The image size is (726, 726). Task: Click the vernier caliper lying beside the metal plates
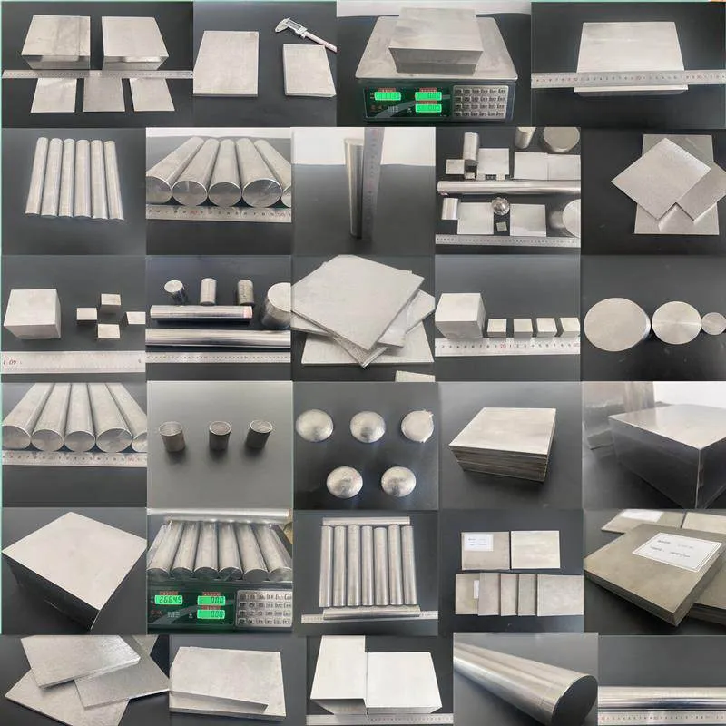pyautogui.click(x=304, y=33)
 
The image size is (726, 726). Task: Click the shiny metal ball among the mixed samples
pyautogui.click(x=498, y=201)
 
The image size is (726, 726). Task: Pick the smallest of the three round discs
pyautogui.click(x=714, y=322)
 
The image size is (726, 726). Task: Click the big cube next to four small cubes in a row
pyautogui.click(x=459, y=315)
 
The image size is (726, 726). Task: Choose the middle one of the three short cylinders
pyautogui.click(x=220, y=435)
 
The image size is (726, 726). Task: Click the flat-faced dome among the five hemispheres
pyautogui.click(x=418, y=424)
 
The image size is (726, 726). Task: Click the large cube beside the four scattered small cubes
pyautogui.click(x=32, y=313)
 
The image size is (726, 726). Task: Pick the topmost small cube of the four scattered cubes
pyautogui.click(x=109, y=302)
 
